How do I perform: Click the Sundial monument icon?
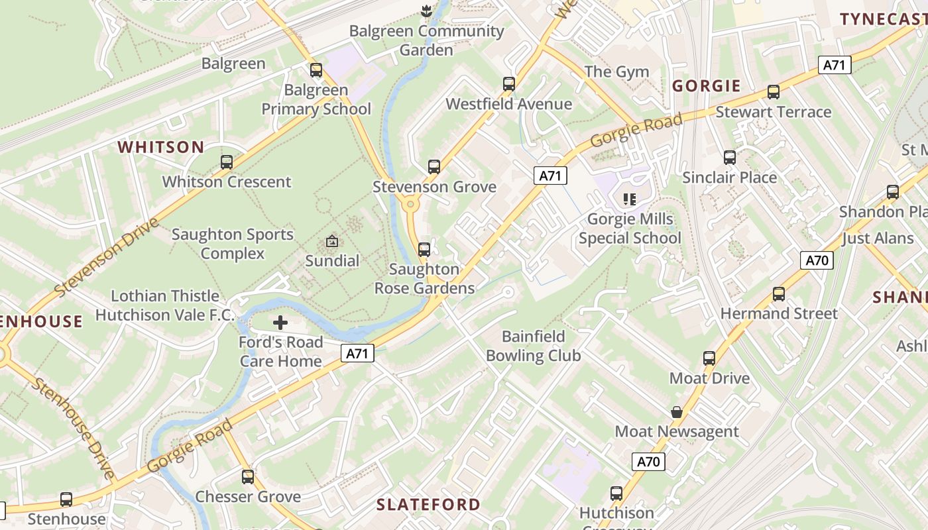point(332,242)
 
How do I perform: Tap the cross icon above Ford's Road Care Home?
point(280,323)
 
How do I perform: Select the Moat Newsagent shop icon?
point(676,412)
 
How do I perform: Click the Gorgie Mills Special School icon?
point(630,199)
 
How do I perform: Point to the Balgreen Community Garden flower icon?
point(426,11)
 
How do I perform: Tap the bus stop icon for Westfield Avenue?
point(508,84)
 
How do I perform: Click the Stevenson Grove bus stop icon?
point(434,167)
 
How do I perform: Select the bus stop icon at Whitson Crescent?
point(227,162)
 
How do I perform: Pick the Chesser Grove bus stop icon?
point(248,477)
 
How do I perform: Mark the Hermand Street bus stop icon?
point(779,293)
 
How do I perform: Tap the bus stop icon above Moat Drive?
point(709,358)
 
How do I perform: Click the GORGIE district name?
point(707,85)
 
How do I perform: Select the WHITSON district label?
point(161,147)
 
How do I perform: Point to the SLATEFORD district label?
point(428,504)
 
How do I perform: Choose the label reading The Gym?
point(616,72)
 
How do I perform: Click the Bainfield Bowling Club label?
point(534,346)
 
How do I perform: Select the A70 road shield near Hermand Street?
point(817,260)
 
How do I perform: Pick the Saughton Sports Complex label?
point(233,244)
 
